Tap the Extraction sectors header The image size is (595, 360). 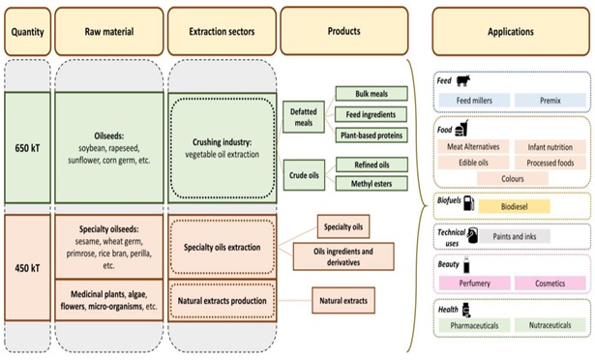[222, 31]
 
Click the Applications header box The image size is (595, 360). [511, 31]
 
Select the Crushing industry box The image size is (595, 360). [222, 145]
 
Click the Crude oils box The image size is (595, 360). [304, 175]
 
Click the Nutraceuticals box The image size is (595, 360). [549, 326]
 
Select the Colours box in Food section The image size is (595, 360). [511, 179]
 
